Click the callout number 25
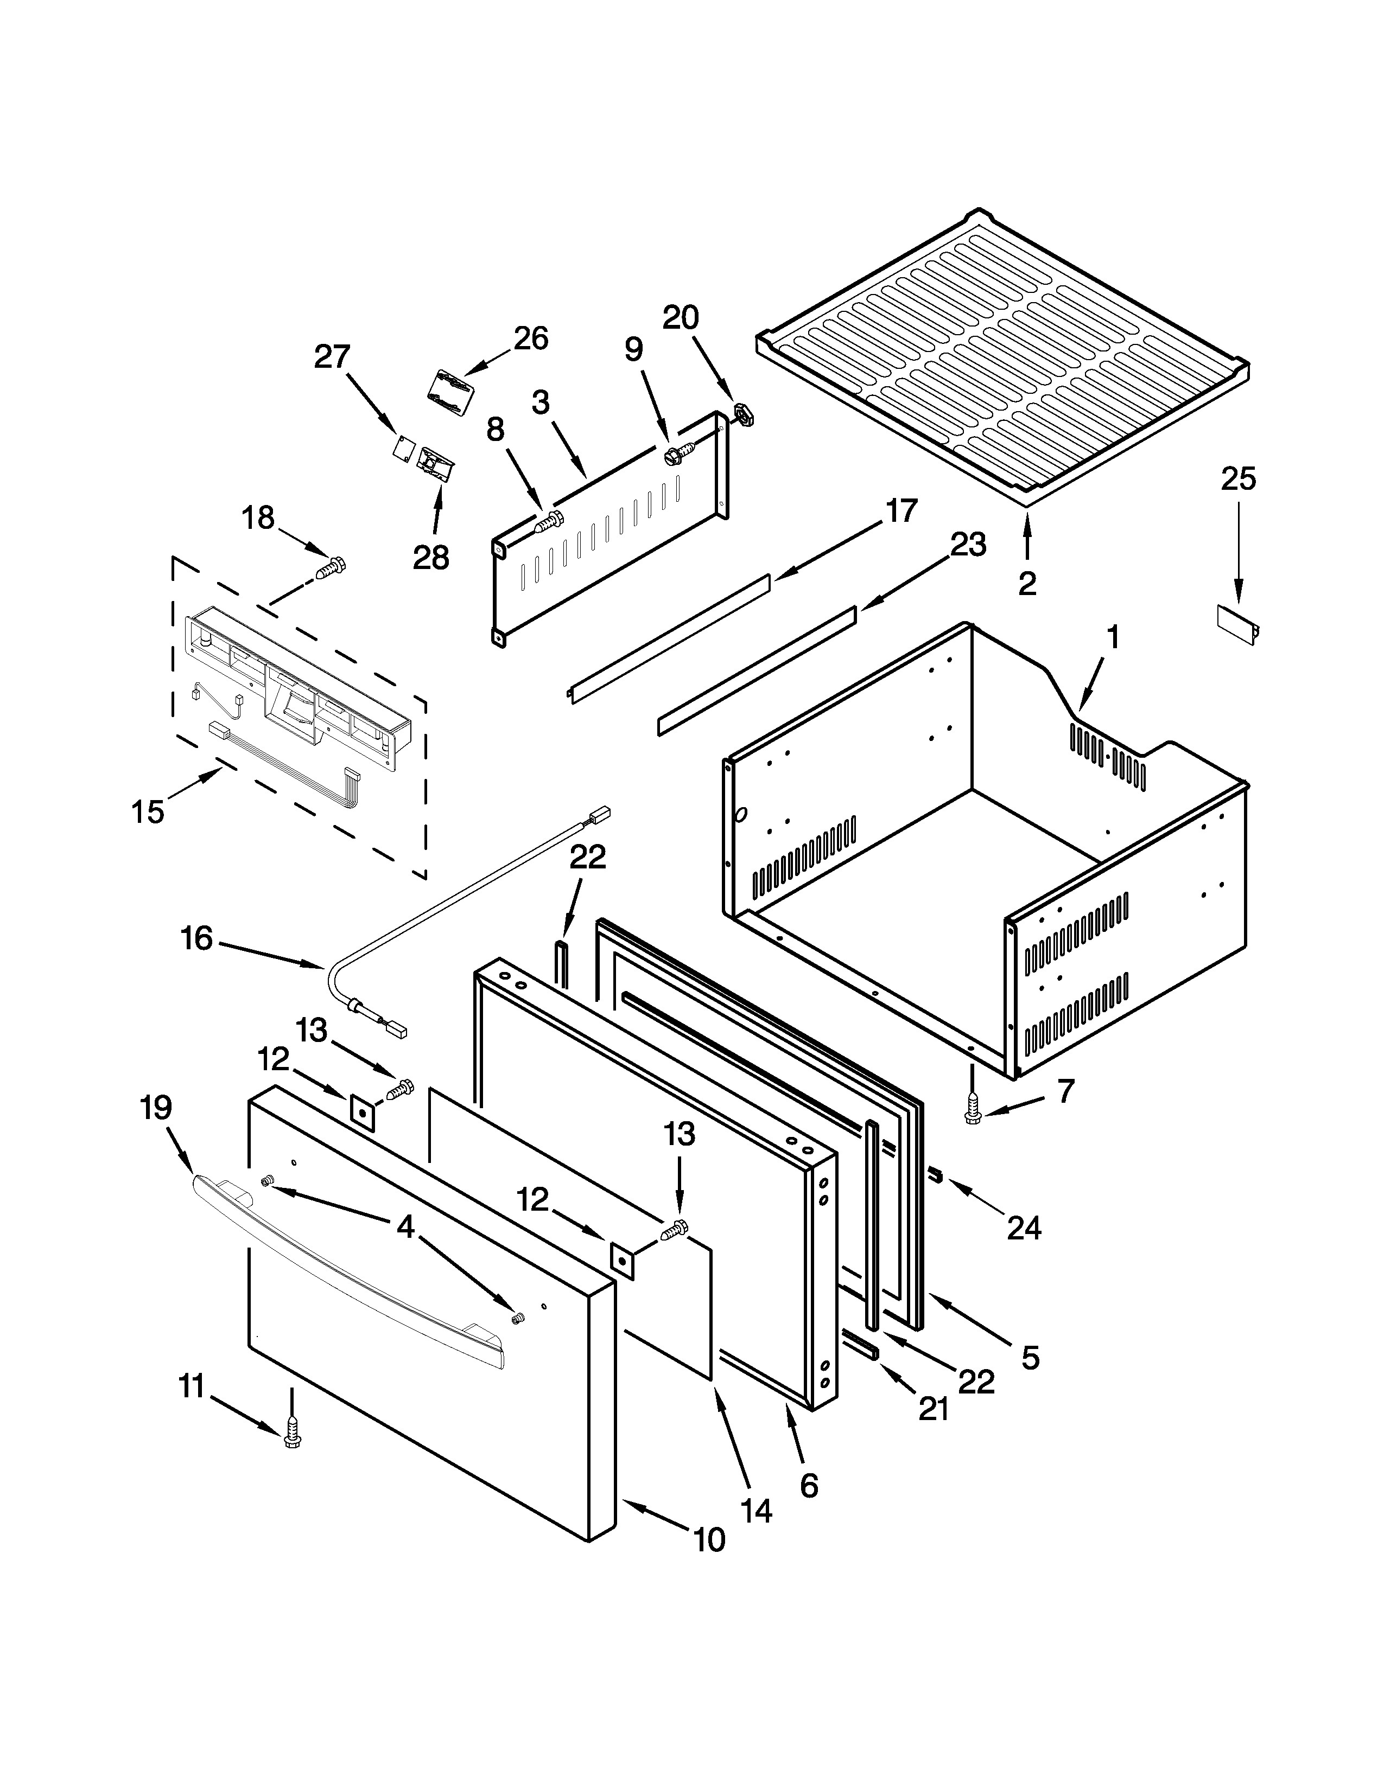(1238, 480)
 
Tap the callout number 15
(148, 811)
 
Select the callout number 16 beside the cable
(197, 938)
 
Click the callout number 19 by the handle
(156, 1108)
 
